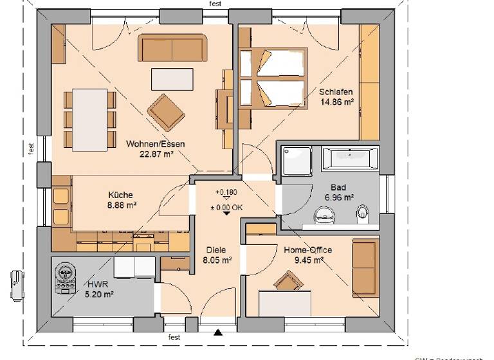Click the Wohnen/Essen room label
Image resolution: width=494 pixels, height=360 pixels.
(156, 144)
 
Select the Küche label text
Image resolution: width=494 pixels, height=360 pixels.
(120, 195)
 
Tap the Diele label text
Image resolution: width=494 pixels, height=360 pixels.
(217, 251)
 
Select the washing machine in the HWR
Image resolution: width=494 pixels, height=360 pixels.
(66, 277)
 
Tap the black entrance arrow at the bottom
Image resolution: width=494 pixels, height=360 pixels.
(218, 332)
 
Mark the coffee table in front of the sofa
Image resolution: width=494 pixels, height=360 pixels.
(171, 79)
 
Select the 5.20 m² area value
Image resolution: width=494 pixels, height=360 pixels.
(100, 294)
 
